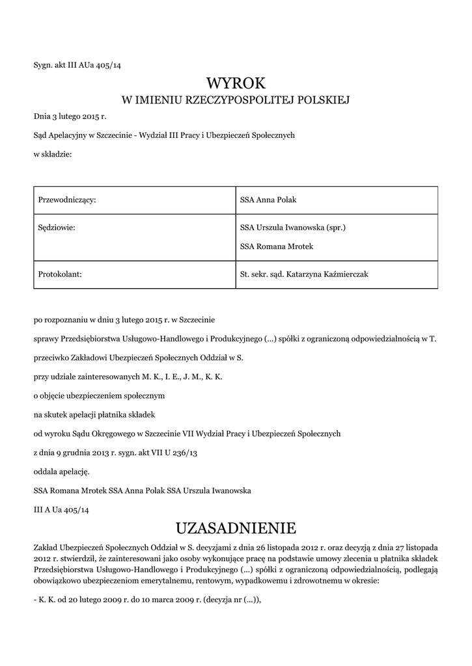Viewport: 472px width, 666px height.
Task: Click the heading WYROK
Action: pyautogui.click(x=236, y=83)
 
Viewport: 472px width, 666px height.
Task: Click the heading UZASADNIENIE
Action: pyautogui.click(x=236, y=527)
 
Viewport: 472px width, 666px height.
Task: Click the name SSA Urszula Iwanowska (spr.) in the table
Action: pyautogui.click(x=292, y=228)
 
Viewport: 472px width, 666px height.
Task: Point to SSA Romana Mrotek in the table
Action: pyautogui.click(x=277, y=246)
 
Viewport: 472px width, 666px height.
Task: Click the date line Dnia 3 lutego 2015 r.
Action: pyautogui.click(x=70, y=117)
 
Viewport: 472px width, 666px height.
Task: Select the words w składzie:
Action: pyautogui.click(x=53, y=153)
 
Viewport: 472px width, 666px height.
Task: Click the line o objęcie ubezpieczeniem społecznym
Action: pyautogui.click(x=100, y=395)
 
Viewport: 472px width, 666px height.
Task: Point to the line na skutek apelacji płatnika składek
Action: pyautogui.click(x=94, y=414)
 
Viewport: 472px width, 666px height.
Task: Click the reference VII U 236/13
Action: pyautogui.click(x=174, y=451)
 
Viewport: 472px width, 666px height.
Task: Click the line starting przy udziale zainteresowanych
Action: pyautogui.click(x=128, y=376)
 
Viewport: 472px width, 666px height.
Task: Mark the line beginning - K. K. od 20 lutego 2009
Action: pyautogui.click(x=147, y=600)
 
